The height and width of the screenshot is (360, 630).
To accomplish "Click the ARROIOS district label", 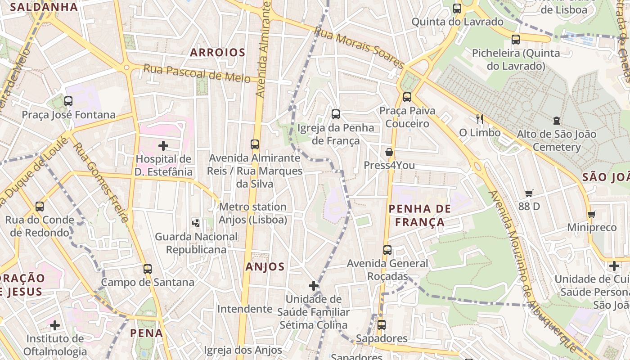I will click(x=218, y=53).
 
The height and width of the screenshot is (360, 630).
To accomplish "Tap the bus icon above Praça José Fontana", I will click(x=68, y=101).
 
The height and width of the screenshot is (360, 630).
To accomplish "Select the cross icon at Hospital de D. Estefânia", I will click(x=163, y=146).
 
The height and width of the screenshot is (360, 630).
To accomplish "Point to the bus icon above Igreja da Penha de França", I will click(x=336, y=114).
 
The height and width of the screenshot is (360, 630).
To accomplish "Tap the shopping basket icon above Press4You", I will click(x=389, y=152).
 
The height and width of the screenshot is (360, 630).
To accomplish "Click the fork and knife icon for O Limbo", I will click(x=480, y=119).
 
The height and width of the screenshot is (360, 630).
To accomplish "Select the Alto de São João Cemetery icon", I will click(x=557, y=121).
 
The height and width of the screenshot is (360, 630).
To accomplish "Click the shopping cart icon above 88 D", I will click(x=529, y=193).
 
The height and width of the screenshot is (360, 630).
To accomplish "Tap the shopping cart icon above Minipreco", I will click(x=592, y=214).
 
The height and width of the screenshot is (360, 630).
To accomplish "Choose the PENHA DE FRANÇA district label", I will click(x=419, y=215).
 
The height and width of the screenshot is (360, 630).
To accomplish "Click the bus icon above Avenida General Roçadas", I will click(x=387, y=250).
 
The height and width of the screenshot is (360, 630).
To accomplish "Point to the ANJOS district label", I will click(x=265, y=267).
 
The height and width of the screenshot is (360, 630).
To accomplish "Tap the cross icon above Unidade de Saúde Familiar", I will click(x=314, y=286).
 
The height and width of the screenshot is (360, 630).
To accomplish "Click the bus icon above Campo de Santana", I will click(x=148, y=269).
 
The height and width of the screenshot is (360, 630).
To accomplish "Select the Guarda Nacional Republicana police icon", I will click(x=196, y=222).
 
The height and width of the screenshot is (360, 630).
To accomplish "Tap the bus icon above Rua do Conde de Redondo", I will click(x=40, y=207).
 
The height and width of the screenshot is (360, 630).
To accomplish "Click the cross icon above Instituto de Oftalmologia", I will click(x=55, y=325).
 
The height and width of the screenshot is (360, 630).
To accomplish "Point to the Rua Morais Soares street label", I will click(x=359, y=47).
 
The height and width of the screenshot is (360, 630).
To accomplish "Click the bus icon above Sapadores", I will click(x=382, y=324).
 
